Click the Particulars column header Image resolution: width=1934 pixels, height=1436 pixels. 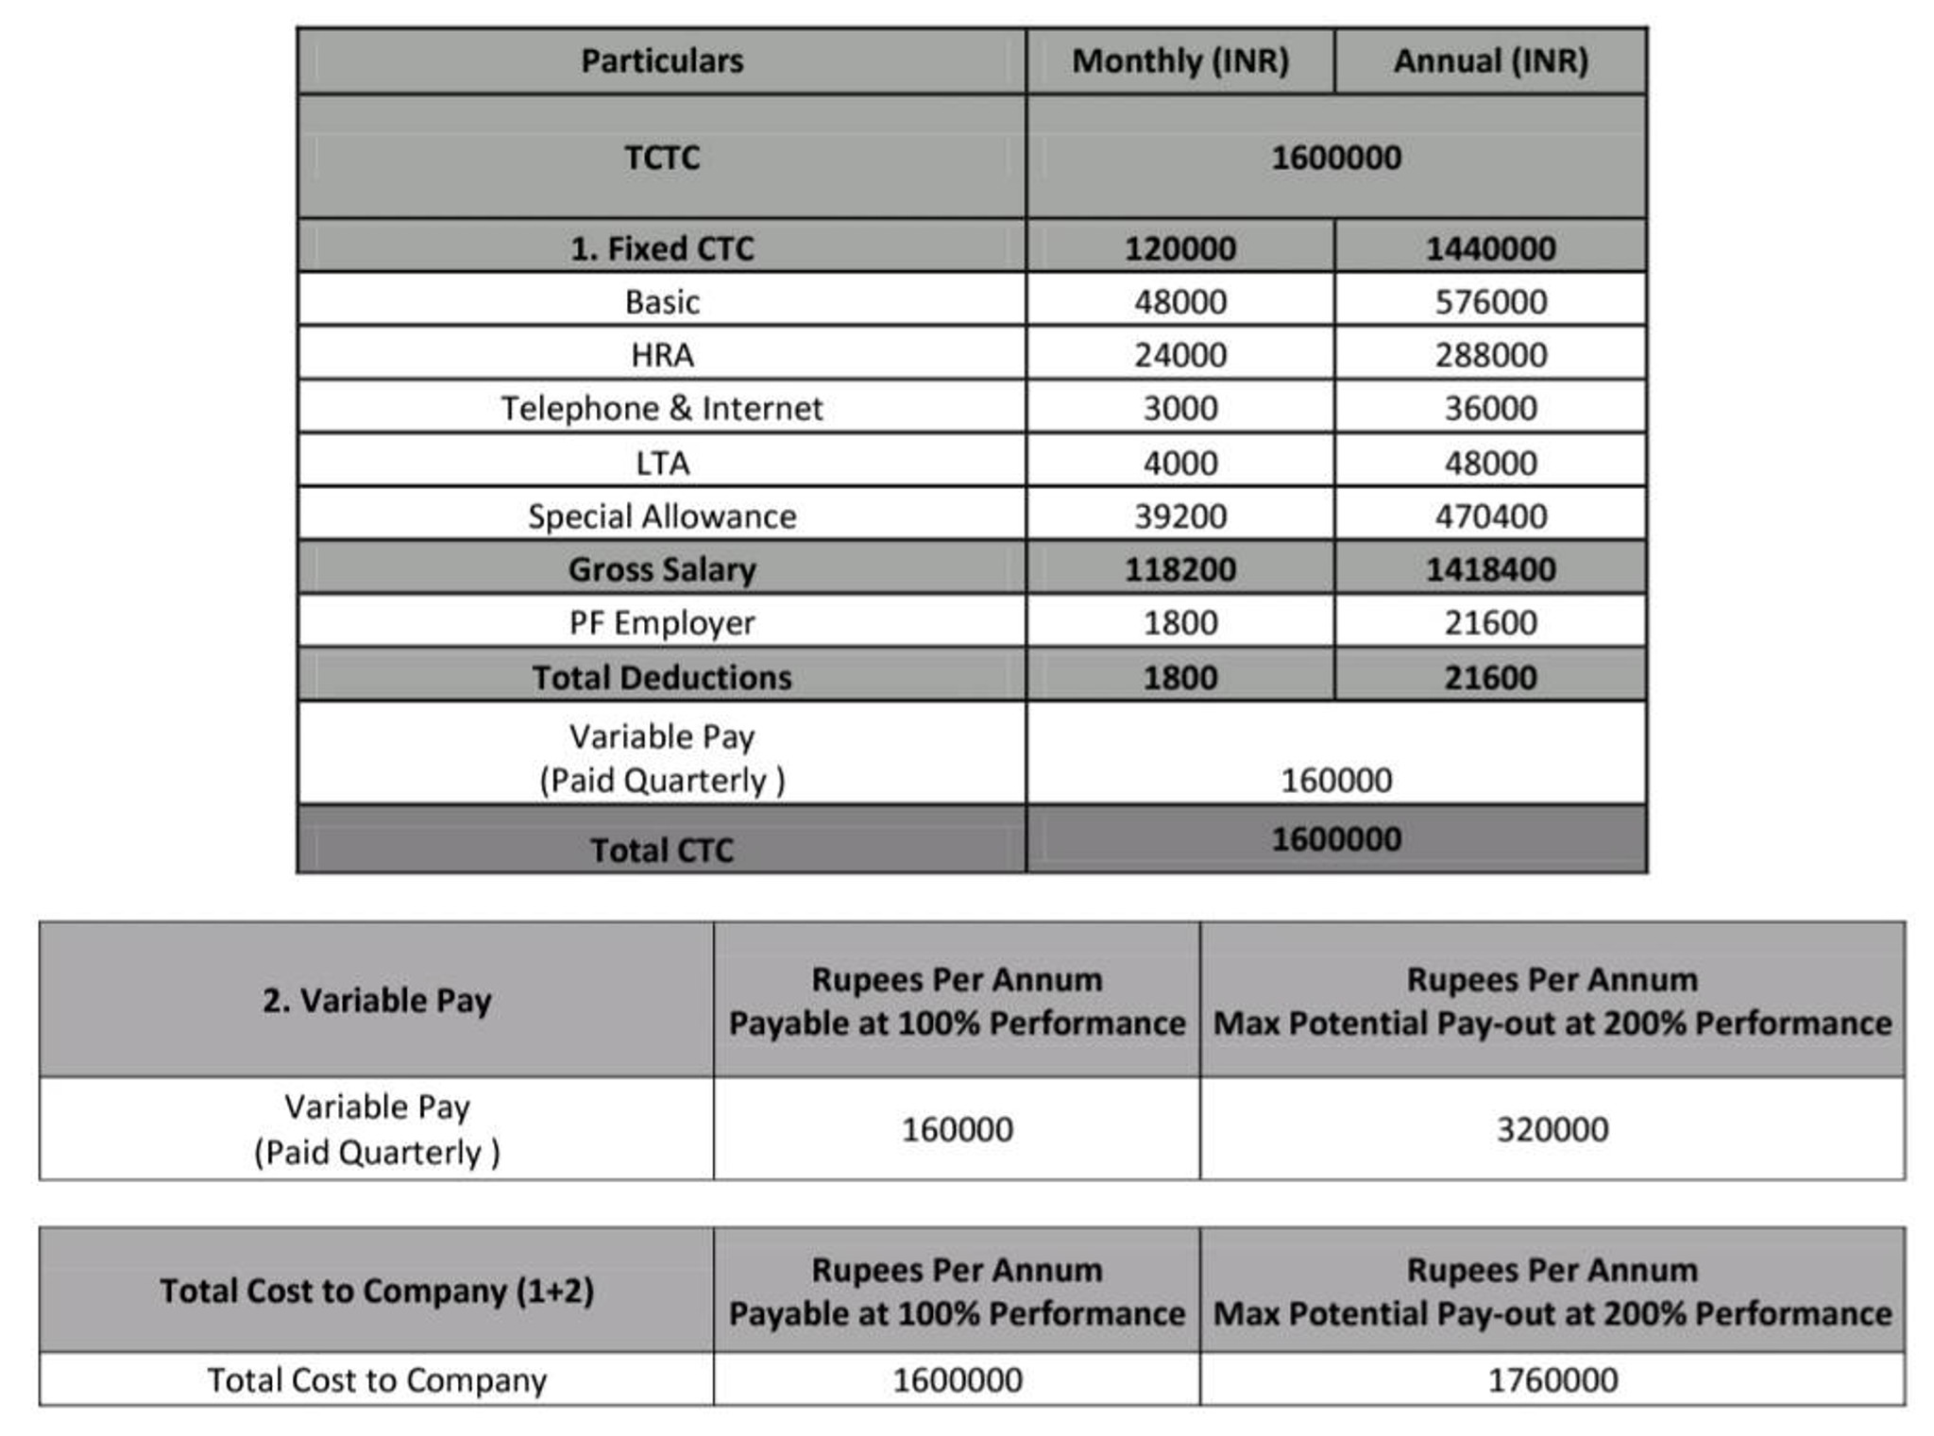tap(662, 61)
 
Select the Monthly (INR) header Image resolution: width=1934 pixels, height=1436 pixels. tap(1179, 61)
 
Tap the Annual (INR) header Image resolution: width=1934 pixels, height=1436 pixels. tap(1490, 61)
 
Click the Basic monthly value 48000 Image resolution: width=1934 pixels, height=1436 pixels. tap(1179, 302)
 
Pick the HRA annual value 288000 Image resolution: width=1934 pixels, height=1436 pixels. tap(1490, 355)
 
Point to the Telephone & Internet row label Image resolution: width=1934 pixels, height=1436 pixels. tap(662, 409)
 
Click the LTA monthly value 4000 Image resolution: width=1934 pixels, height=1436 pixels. tap(1179, 463)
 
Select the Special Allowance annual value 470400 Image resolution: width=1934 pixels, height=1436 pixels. tap(1490, 516)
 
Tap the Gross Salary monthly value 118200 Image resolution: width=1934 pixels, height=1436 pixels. tap(1179, 569)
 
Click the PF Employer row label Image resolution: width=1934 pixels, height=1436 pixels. tap(662, 623)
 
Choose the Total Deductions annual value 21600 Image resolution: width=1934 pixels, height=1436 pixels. tap(1490, 677)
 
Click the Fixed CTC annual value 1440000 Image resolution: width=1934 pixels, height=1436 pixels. tap(1490, 248)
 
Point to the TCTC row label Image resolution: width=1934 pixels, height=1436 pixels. tap(662, 158)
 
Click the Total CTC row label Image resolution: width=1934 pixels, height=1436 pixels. tap(662, 850)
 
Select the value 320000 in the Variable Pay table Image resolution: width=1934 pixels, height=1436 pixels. tap(1552, 1129)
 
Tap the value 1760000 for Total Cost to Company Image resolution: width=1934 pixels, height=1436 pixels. tap(1552, 1380)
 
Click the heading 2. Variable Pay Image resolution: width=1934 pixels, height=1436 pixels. tap(377, 1001)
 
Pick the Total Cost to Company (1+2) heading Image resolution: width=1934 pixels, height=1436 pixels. tap(377, 1291)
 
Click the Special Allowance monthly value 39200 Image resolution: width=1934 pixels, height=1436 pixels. tap(1179, 516)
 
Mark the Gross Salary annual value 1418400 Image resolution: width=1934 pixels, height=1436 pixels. tap(1490, 569)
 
